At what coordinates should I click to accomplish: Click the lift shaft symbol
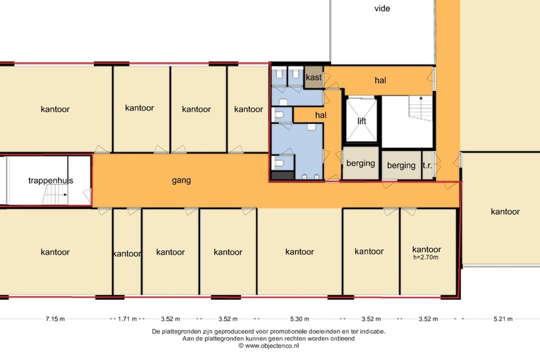click(x=361, y=120)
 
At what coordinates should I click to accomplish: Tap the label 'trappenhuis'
click(x=51, y=180)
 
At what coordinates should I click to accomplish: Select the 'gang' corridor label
click(x=181, y=181)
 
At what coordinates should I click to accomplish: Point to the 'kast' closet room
click(x=314, y=77)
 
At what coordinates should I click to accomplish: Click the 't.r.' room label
click(x=427, y=165)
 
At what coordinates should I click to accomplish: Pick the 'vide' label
click(x=382, y=8)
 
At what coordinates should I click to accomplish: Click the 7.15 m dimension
click(x=55, y=318)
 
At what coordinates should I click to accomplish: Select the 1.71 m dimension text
click(x=127, y=318)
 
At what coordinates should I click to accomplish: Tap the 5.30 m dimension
click(x=300, y=318)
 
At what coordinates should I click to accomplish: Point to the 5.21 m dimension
click(x=503, y=318)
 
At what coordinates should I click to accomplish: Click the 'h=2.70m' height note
click(x=426, y=258)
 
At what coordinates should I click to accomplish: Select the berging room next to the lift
click(x=361, y=163)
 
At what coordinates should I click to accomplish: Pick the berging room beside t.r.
click(x=402, y=165)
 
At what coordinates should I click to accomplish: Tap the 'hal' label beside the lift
click(x=321, y=115)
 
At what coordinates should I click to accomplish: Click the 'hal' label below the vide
click(x=380, y=80)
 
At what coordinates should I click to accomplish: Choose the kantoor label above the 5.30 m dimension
click(x=300, y=252)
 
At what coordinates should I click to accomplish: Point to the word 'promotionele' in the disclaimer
click(x=289, y=332)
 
